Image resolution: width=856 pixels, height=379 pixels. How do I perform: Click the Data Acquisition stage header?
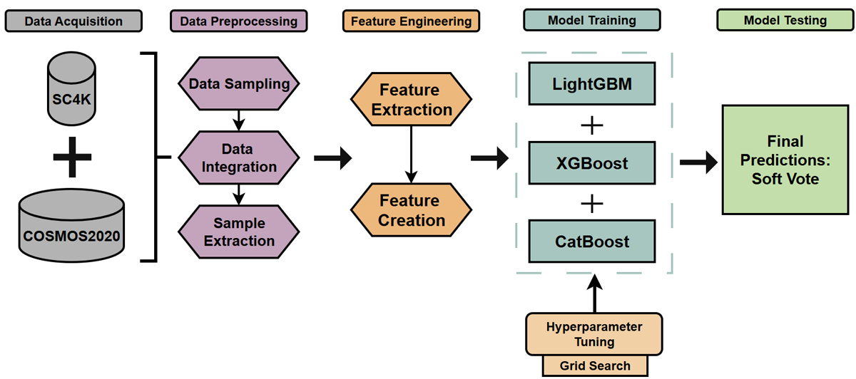73,21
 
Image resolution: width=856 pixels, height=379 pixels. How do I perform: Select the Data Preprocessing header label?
239,21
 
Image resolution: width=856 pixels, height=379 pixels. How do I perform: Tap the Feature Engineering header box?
411,21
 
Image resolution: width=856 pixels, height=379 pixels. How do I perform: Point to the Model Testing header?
785,20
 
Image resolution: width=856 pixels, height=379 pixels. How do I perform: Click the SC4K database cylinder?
71,89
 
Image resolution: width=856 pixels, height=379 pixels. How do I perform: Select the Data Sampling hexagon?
239,84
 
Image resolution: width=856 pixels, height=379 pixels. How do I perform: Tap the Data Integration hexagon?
239,158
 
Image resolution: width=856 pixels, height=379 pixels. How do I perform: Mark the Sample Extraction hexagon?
239,232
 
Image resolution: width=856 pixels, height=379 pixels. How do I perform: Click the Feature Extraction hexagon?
411,100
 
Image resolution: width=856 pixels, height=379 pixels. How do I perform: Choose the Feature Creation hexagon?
411,211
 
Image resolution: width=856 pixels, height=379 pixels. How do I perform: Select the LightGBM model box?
591,84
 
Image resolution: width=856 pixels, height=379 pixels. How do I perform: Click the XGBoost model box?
591,163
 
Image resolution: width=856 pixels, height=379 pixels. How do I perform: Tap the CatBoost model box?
591,242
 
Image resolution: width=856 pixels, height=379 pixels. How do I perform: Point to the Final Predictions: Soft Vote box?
785,160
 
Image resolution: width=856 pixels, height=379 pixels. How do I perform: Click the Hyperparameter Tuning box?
595,334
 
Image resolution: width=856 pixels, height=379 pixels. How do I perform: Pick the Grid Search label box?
595,366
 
